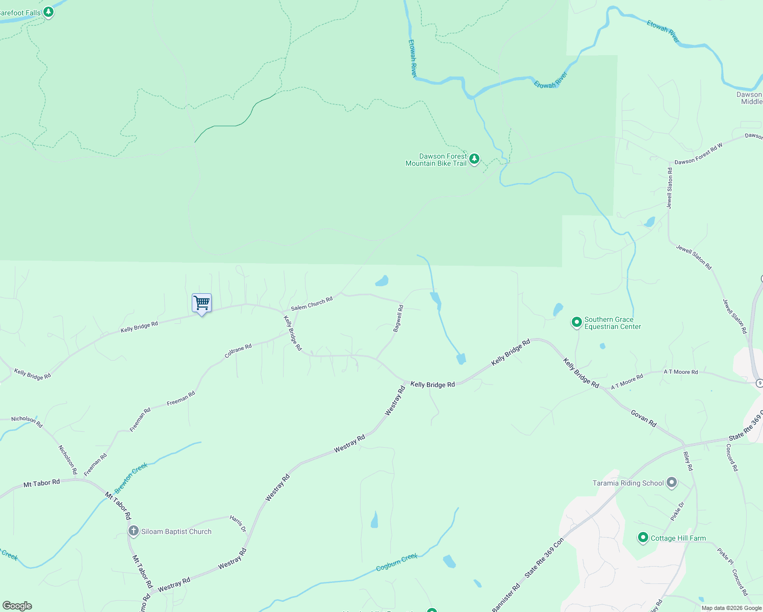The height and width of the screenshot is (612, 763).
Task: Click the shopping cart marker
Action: coord(201,303)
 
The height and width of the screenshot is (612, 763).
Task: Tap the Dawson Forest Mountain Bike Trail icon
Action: coord(474,159)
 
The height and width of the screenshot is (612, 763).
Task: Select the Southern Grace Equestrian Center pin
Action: coord(576,322)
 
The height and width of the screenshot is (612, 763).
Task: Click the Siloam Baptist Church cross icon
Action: coord(134,531)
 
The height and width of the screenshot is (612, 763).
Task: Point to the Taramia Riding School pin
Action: coord(672,482)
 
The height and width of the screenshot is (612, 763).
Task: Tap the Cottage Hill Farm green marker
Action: coord(643,538)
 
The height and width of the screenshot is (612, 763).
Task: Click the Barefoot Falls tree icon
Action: coord(48,12)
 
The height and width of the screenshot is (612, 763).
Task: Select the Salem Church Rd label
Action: coord(312,303)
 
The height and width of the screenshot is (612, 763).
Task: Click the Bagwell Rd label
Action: coord(398,318)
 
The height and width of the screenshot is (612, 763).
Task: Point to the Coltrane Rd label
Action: coord(238,351)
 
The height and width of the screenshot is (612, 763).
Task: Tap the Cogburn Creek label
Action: coord(397,562)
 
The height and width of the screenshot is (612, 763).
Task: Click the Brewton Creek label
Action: coord(131,477)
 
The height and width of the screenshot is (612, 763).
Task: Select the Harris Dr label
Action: coord(238,524)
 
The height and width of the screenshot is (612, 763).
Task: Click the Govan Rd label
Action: coord(643,418)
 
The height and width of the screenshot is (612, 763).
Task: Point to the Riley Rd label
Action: coord(688,461)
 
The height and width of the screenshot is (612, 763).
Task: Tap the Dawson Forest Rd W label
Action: coord(699,154)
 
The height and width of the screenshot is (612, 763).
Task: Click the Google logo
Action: coord(17,606)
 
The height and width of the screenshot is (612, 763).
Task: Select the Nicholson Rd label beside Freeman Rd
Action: coord(67,460)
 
